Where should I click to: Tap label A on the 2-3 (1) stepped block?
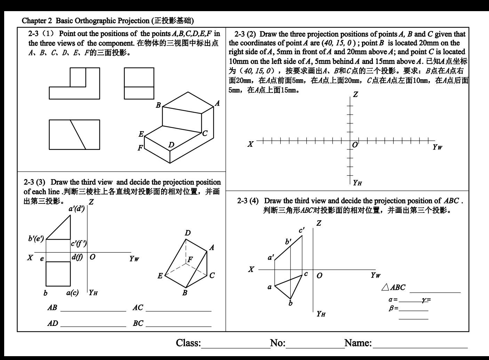217,103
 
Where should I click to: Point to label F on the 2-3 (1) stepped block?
140,148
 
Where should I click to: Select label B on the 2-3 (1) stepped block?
158,105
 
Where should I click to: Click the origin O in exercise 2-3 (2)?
355,145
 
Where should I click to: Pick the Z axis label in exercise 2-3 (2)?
355,95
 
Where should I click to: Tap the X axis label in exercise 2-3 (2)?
250,144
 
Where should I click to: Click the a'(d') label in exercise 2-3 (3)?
77,209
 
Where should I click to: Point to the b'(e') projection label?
36,239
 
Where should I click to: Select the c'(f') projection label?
79,243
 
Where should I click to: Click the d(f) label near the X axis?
77,257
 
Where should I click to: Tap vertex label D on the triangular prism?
187,233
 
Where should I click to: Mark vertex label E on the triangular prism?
160,276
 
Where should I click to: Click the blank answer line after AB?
93,311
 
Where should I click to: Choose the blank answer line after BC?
178,326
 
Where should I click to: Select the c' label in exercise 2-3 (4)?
302,230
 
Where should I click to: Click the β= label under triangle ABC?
393,308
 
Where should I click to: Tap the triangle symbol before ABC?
385,287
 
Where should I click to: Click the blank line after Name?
420,347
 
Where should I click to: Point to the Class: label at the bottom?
188,343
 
